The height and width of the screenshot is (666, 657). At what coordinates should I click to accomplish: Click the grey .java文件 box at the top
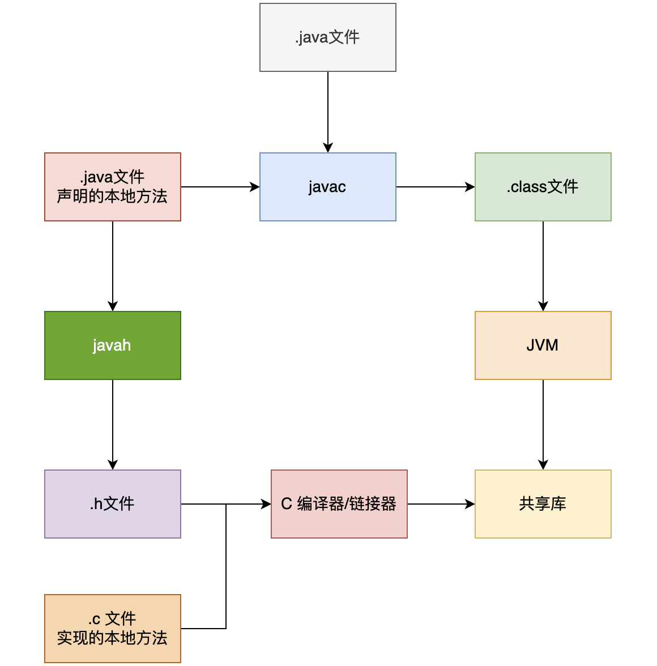pos(327,37)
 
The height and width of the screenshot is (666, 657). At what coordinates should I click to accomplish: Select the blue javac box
pos(327,187)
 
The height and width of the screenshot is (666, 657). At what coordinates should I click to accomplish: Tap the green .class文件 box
pos(543,187)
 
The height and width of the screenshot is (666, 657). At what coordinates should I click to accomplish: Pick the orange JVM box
pos(543,345)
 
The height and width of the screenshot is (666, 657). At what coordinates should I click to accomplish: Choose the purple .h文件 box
pos(112,504)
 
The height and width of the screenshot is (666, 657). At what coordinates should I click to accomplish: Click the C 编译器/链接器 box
pos(339,504)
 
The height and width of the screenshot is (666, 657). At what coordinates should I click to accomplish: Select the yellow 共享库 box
pos(543,504)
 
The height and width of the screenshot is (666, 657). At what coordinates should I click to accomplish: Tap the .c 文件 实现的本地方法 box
pos(112,629)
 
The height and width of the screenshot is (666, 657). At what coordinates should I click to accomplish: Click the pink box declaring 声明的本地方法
pos(112,187)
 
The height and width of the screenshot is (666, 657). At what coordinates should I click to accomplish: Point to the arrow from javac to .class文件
pos(435,187)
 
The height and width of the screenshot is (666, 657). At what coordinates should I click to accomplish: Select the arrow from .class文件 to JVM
pos(543,266)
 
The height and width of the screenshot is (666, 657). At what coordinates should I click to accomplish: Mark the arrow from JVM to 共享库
pos(543,424)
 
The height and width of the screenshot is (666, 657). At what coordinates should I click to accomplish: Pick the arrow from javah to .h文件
pos(113,424)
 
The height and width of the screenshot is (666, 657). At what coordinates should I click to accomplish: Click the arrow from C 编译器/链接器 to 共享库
pos(441,504)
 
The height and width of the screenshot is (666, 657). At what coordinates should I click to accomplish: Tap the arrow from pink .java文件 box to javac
pos(220,187)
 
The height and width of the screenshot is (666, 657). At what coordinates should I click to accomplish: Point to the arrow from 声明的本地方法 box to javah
pos(113,266)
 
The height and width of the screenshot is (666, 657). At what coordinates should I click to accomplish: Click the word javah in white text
pos(112,345)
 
